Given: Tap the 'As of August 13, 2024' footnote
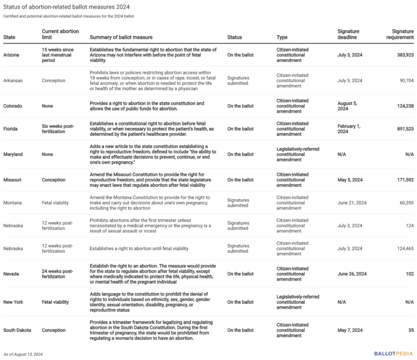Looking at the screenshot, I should point(23,354).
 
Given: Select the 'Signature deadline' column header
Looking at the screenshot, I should point(348,34).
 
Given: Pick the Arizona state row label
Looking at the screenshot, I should point(14,55).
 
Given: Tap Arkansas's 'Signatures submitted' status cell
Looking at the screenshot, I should point(238,80).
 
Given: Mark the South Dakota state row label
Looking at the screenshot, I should point(18,330).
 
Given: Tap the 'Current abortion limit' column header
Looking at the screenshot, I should point(60,34).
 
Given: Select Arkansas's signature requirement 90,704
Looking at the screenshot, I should point(403,80).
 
